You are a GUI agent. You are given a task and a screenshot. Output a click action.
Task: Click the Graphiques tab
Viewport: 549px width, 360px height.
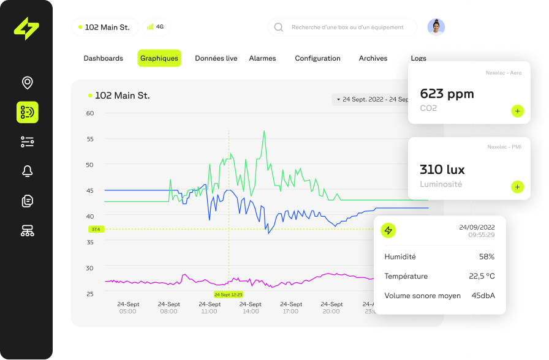coord(159,58)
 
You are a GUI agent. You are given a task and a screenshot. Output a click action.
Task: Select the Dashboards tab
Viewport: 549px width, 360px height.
coord(103,58)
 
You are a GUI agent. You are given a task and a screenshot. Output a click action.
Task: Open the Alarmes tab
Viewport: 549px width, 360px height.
coord(262,58)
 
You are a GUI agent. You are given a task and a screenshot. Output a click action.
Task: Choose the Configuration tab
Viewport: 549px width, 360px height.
coord(317,58)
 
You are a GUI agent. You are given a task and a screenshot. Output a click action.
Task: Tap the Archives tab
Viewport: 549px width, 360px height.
coord(373,58)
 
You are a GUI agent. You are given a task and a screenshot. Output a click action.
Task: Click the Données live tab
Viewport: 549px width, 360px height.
coord(216,58)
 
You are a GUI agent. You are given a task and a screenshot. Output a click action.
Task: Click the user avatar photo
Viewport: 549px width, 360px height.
coord(436,27)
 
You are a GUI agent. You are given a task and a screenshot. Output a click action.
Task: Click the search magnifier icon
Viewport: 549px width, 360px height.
coord(279,27)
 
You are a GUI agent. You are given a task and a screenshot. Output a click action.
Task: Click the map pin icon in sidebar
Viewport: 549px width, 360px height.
coord(27,83)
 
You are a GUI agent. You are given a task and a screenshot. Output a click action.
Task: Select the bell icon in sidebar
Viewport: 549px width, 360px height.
coord(27,171)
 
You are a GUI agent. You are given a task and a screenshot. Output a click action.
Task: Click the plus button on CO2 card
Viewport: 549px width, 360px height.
coord(517,111)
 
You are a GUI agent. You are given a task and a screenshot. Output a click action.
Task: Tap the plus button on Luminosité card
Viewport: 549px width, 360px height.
coord(517,187)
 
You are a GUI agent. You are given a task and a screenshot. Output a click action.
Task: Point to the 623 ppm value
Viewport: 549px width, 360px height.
coord(447,94)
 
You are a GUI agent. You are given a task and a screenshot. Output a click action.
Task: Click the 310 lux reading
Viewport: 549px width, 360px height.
coord(442,170)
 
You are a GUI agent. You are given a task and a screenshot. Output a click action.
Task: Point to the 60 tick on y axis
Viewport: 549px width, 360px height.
coord(90,113)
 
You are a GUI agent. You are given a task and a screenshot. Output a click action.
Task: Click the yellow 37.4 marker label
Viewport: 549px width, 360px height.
coord(95,229)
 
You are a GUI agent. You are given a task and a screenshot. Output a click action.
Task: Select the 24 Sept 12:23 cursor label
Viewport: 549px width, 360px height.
coord(229,294)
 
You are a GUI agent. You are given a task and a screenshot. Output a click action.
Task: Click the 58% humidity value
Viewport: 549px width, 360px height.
coord(487,257)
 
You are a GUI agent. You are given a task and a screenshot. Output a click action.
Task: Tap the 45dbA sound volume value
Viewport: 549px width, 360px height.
coord(483,296)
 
